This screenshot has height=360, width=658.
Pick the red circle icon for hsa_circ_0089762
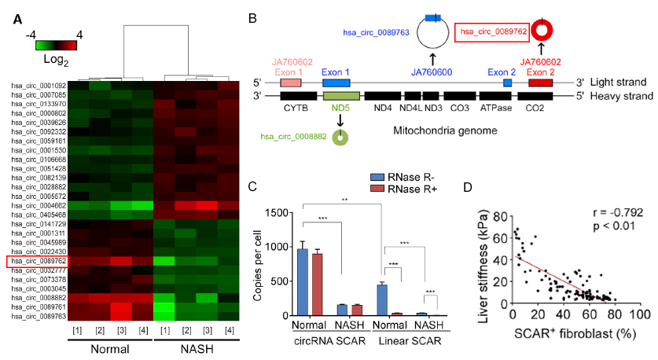point(542,32)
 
